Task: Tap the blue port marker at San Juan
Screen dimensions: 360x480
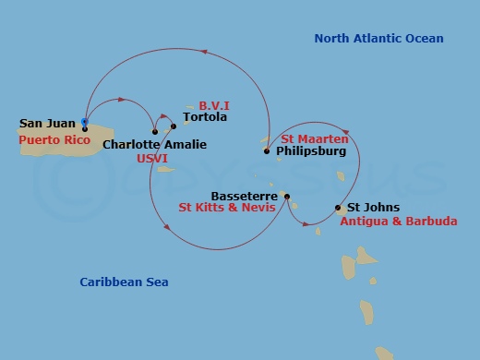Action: coord(85,121)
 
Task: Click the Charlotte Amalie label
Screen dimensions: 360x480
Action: coord(154,145)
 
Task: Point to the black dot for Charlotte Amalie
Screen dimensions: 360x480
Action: coord(155,132)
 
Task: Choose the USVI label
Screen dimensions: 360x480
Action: coord(151,159)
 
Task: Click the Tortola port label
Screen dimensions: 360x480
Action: coord(204,117)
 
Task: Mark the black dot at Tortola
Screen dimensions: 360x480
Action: coord(174,126)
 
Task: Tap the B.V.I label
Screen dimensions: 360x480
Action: coord(213,105)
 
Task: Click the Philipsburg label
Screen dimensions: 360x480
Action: coord(311,150)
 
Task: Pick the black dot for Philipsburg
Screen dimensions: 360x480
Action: coord(267,150)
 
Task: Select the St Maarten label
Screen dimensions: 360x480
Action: coord(315,138)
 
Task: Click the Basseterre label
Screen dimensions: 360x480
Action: coord(244,197)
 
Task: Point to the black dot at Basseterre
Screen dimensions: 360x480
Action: coord(287,196)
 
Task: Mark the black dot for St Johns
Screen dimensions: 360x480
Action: coord(337,209)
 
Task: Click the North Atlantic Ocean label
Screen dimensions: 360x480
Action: coord(378,39)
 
